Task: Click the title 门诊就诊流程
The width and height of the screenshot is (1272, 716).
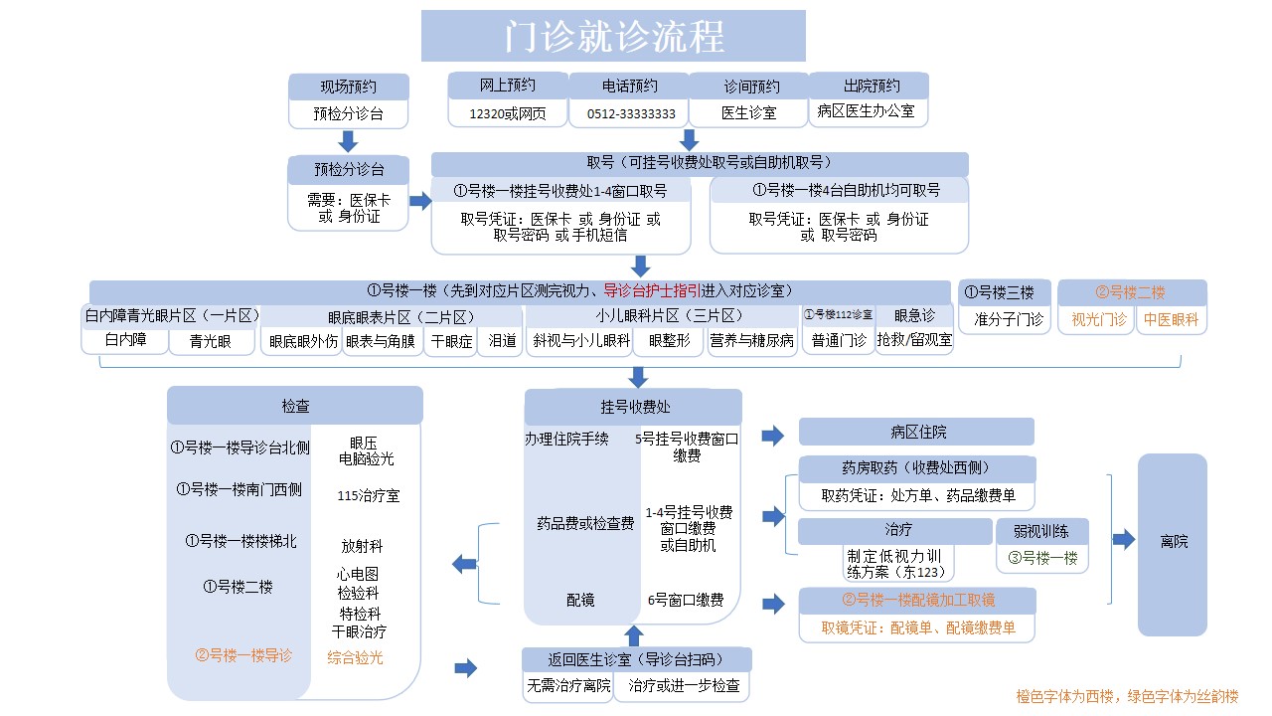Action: pos(614,37)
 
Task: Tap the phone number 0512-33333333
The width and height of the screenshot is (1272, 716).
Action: pos(631,114)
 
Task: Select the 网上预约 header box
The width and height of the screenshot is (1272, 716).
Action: pos(507,86)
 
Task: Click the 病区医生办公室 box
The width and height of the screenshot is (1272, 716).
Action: pos(868,112)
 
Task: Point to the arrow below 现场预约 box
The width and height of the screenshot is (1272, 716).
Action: pos(348,141)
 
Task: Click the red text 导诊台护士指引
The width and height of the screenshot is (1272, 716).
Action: pos(652,291)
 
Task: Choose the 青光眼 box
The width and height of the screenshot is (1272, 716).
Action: pos(211,341)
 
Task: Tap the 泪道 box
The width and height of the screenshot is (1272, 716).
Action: pos(502,341)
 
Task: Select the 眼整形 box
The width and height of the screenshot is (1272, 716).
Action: pos(669,341)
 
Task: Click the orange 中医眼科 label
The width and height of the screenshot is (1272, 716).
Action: pos(1171,320)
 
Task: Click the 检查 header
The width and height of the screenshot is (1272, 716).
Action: pos(295,406)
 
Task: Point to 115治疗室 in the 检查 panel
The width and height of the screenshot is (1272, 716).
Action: pos(369,496)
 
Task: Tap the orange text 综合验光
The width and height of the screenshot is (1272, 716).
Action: pos(356,657)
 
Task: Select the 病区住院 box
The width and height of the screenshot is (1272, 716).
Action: pos(916,433)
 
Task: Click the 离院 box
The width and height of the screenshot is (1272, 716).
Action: pos(1173,544)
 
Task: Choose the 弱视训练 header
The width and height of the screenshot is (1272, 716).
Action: pos(1042,531)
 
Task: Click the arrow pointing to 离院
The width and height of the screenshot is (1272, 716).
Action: pos(1124,539)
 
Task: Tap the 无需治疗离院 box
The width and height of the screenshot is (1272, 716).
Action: pos(568,686)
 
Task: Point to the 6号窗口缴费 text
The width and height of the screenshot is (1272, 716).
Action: pos(686,600)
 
